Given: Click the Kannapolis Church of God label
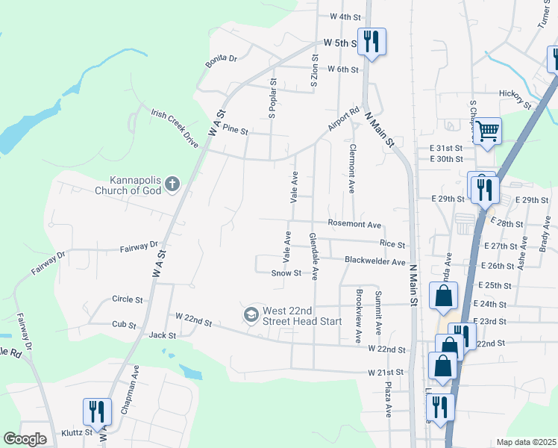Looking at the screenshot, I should pyautogui.click(x=136, y=184).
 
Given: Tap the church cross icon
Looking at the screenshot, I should pyautogui.click(x=172, y=183).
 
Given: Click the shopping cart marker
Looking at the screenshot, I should pyautogui.click(x=487, y=132).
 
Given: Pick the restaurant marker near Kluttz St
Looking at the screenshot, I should pyautogui.click(x=97, y=411).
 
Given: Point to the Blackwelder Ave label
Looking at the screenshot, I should pyautogui.click(x=374, y=261).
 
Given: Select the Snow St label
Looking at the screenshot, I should pyautogui.click(x=286, y=273).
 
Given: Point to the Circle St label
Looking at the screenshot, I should pyautogui.click(x=127, y=299).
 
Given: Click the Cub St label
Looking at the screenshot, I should pyautogui.click(x=124, y=326).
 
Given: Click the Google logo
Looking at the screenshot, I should pyautogui.click(x=25, y=439).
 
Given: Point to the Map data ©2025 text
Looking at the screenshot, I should pyautogui.click(x=526, y=442).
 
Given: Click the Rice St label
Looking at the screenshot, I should pyautogui.click(x=392, y=244).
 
